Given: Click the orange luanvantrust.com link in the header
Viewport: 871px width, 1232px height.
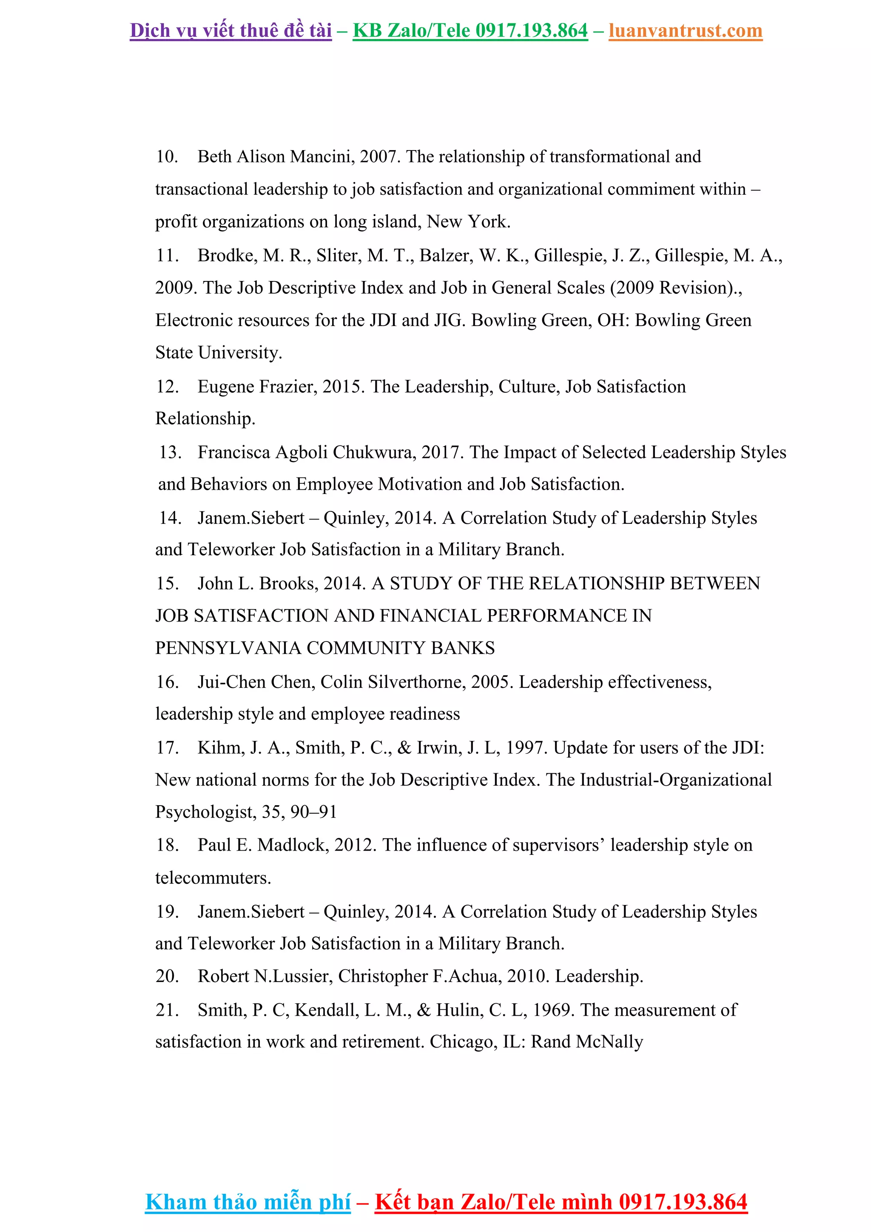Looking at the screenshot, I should pyautogui.click(x=685, y=31).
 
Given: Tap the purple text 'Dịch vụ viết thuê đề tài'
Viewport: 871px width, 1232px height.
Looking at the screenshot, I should pyautogui.click(x=231, y=31).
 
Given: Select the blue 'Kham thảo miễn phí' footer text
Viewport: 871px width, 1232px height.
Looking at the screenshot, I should pyautogui.click(x=248, y=1201).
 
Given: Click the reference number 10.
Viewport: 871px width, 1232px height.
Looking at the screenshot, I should pyautogui.click(x=166, y=157).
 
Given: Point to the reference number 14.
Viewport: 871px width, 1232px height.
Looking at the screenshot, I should pyautogui.click(x=170, y=518).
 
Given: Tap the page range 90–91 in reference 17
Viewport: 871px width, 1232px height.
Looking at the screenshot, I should pyautogui.click(x=313, y=812).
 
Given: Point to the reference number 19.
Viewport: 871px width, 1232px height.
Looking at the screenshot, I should pyautogui.click(x=166, y=911).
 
